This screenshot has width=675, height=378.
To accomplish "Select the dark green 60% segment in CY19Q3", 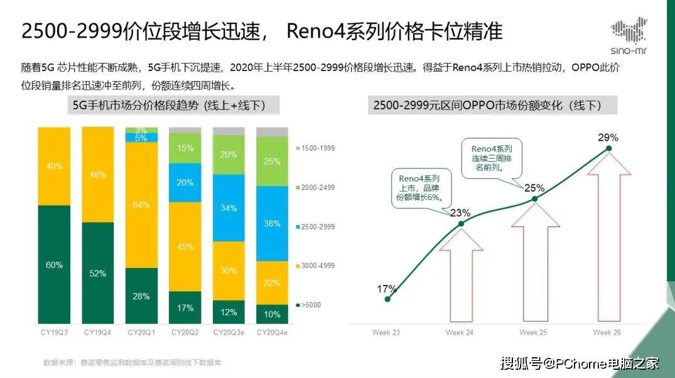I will [54, 264].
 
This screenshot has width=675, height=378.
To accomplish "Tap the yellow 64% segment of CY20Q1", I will [141, 205].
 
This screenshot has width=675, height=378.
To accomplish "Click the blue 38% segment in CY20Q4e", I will [272, 223].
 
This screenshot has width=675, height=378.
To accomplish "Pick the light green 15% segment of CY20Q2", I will [185, 148].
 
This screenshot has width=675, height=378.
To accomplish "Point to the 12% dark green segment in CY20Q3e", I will [229, 312].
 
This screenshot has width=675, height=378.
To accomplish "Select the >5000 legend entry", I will [312, 305].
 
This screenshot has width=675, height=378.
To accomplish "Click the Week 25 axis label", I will [534, 332].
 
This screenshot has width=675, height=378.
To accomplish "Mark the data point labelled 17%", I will [387, 299].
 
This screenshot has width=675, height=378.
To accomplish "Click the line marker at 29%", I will [608, 149].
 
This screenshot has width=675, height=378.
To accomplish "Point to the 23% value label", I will [460, 213].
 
